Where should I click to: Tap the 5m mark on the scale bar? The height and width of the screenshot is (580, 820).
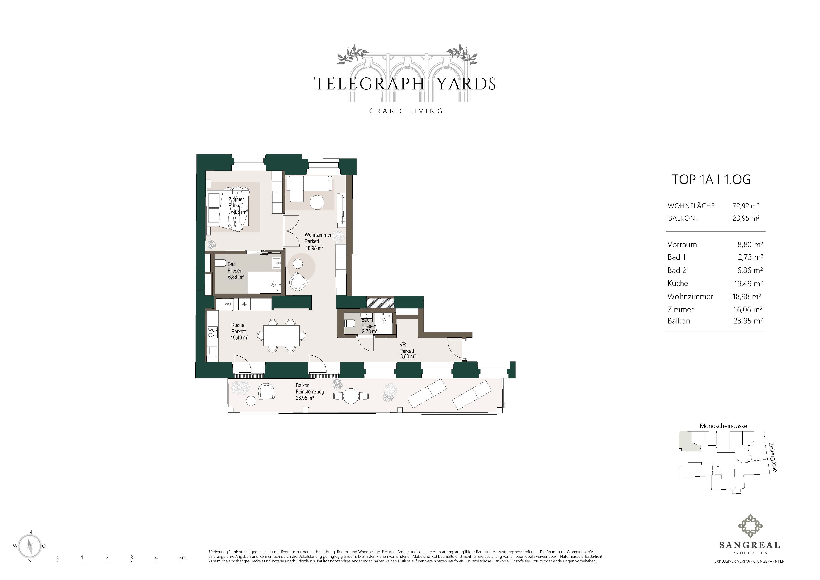coord(183,558)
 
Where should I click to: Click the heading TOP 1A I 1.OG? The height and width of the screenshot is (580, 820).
coord(711,179)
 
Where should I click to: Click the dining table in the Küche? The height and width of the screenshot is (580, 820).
coord(282,336)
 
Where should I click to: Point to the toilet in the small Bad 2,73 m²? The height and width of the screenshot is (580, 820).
coord(350,323)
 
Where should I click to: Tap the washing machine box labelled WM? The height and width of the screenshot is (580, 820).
coord(228,304)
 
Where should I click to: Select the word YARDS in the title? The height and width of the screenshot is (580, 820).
coord(466,84)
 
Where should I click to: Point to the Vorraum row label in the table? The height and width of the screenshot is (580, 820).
coord(682,245)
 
